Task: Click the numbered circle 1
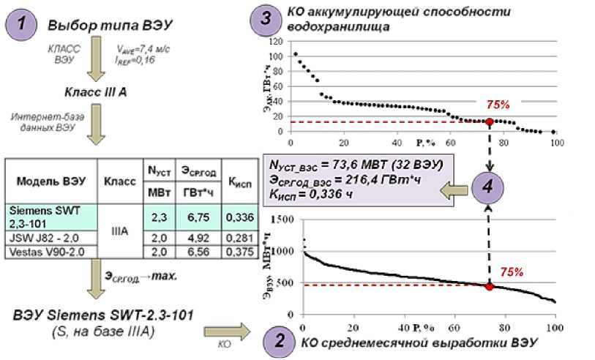point(23,24)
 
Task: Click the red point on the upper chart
point(489,121)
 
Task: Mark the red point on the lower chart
point(489,286)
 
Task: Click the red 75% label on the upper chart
point(498,105)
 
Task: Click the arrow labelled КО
point(226,331)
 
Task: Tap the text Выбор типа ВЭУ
point(110,25)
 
